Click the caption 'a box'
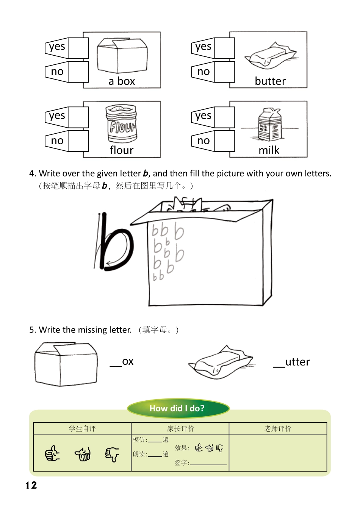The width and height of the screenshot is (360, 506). click(122, 81)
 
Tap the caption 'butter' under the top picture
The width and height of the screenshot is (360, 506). click(270, 81)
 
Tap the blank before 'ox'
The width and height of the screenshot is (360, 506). click(116, 364)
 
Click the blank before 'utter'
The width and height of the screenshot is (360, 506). click(279, 365)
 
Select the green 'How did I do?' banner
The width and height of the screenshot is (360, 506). click(178, 408)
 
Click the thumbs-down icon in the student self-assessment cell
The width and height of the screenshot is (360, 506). click(112, 454)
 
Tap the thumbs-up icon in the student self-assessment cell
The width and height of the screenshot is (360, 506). click(52, 453)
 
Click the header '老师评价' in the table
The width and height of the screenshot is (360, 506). click(278, 428)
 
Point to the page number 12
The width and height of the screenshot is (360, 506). click(31, 486)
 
